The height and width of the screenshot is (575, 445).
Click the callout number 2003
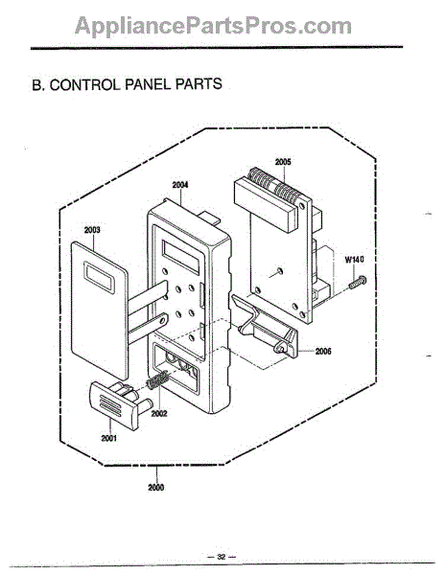[x=92, y=230]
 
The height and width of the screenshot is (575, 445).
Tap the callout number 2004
[x=180, y=185]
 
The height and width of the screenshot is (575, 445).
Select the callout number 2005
[x=283, y=162]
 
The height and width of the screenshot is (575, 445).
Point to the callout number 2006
[x=323, y=352]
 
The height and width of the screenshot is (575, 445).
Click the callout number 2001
[x=109, y=438]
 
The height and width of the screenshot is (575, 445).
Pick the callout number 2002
[x=159, y=413]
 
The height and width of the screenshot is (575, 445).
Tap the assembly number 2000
[x=156, y=488]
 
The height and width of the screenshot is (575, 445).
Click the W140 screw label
[x=355, y=260]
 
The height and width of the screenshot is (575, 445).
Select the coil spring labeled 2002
[x=157, y=379]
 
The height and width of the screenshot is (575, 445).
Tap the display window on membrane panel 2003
[x=100, y=277]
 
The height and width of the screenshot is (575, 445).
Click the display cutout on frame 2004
[x=181, y=257]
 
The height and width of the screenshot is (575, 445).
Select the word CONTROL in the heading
[x=84, y=84]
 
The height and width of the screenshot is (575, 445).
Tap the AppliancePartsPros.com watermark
[x=213, y=26]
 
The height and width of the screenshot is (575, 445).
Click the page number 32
[x=222, y=557]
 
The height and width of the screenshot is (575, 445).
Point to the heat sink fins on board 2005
[x=273, y=186]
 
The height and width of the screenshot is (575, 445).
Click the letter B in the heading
[x=37, y=85]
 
